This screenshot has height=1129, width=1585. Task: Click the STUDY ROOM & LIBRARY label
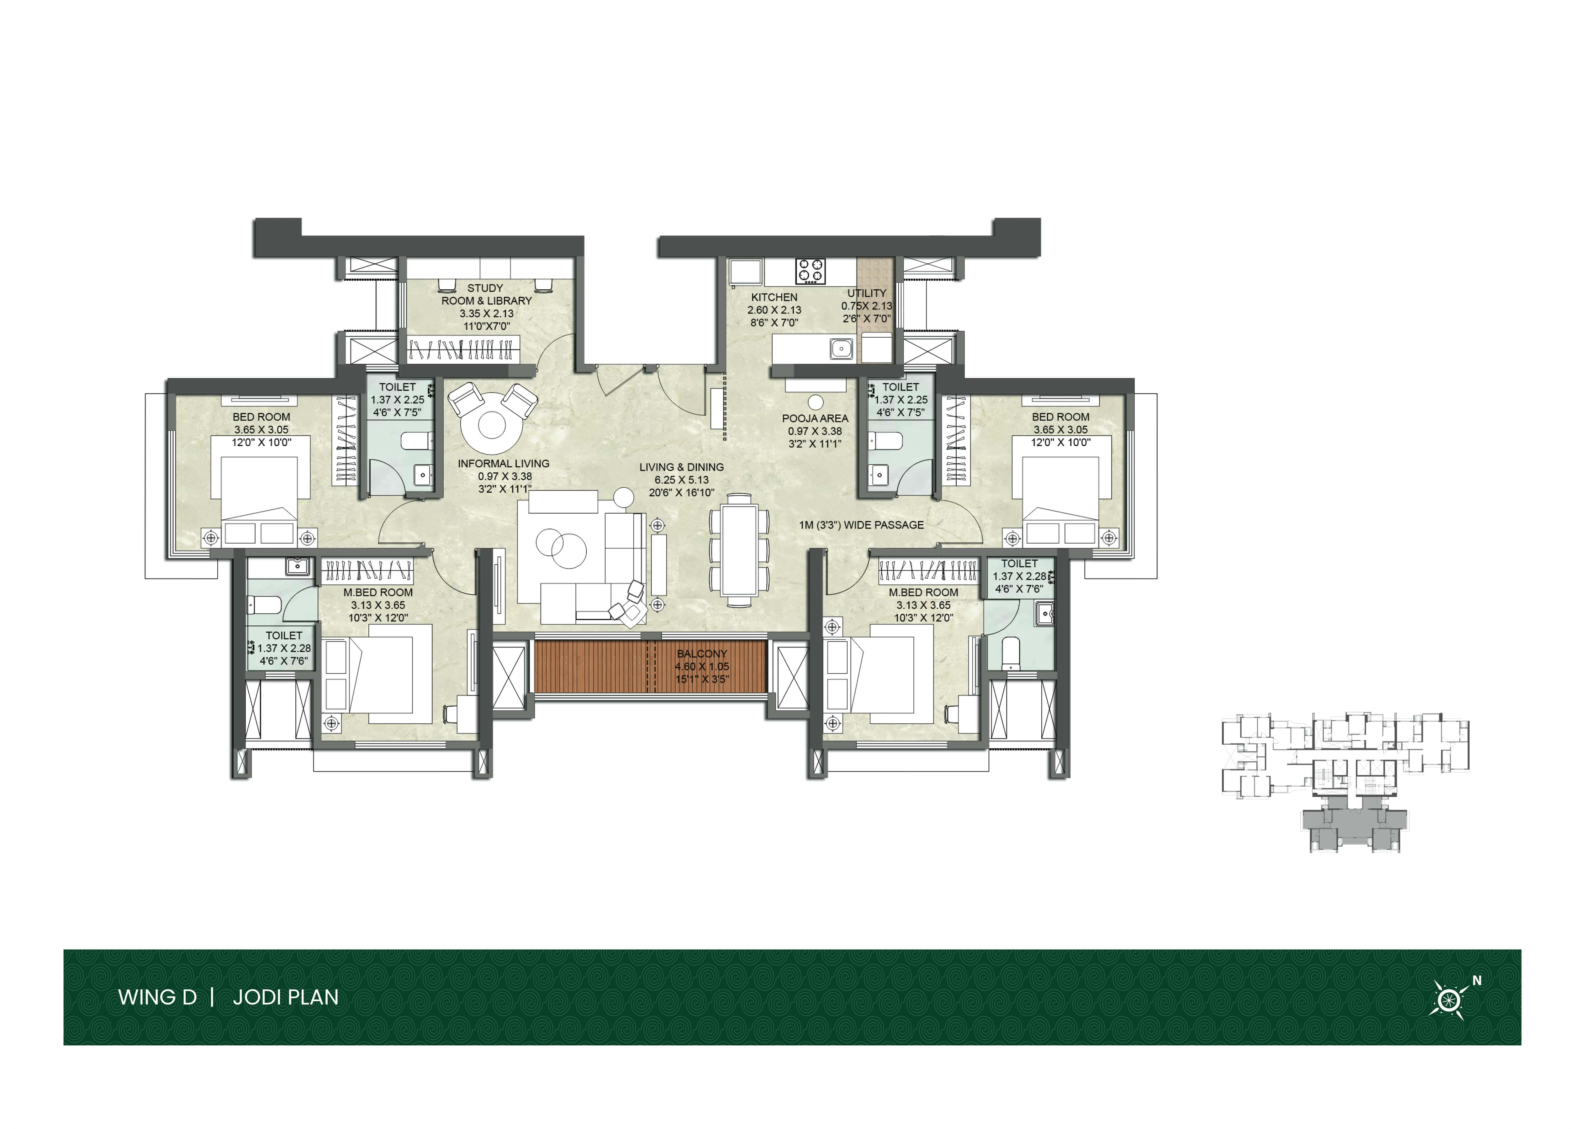point(486,294)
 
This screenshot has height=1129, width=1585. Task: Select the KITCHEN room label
point(774,297)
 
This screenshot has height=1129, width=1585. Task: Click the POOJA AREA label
point(815,418)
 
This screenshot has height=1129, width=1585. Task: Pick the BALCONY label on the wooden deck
point(702,654)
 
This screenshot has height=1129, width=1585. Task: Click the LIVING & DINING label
point(682,467)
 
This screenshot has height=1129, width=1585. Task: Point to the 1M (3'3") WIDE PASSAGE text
point(861,525)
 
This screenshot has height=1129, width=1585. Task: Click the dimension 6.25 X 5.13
point(682,480)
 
